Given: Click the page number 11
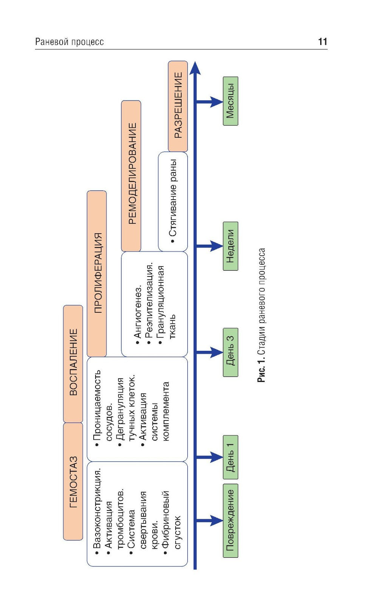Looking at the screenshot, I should tap(322, 42).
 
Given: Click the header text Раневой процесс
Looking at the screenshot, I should tap(69, 42).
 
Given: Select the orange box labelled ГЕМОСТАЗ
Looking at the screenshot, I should tap(73, 481).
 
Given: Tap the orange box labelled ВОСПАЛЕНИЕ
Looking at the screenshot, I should tap(73, 363).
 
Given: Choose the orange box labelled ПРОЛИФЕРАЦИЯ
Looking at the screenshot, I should tap(97, 273).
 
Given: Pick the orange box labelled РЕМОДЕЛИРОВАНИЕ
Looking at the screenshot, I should tap(131, 175).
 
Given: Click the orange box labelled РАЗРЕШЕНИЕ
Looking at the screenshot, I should tap(178, 106).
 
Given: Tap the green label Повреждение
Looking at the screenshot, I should tap(230, 520).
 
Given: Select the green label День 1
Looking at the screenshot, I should tap(230, 457).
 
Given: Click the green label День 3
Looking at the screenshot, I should tap(230, 352).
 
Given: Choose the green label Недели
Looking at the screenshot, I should tap(230, 246).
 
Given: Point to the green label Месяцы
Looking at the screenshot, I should tap(230, 101).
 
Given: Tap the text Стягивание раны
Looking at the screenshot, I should tap(173, 201).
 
